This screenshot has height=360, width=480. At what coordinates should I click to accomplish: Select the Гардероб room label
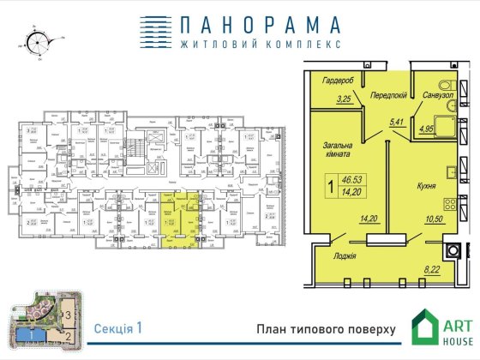(x=339, y=81)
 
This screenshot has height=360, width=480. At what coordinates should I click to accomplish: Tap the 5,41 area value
(x=396, y=122)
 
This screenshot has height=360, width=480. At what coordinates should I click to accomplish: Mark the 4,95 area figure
(x=428, y=131)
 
